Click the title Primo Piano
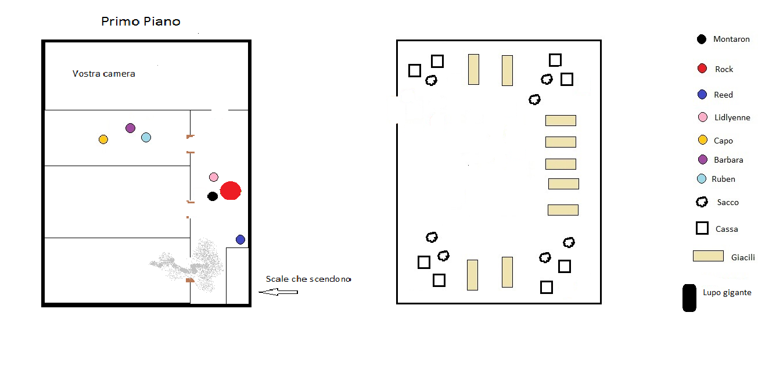pos(141,21)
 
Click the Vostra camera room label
pos(104,74)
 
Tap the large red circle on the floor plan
pos(231,191)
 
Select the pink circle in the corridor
pos(214,177)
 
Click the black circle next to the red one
pos(213,196)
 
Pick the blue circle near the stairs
pos(240,239)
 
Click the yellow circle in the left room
pos(103,139)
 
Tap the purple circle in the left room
pos(130,128)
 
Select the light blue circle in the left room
pos(146,138)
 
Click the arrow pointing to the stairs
pos(278,292)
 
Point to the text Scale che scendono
pos(308,279)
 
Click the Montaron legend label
pos(731,40)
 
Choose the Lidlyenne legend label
pos(732,117)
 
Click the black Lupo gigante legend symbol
pos(689,298)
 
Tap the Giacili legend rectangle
pos(708,256)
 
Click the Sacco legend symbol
pos(702,202)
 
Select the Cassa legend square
pos(702,228)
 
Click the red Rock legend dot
pos(702,69)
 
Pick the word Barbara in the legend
pos(728,160)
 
